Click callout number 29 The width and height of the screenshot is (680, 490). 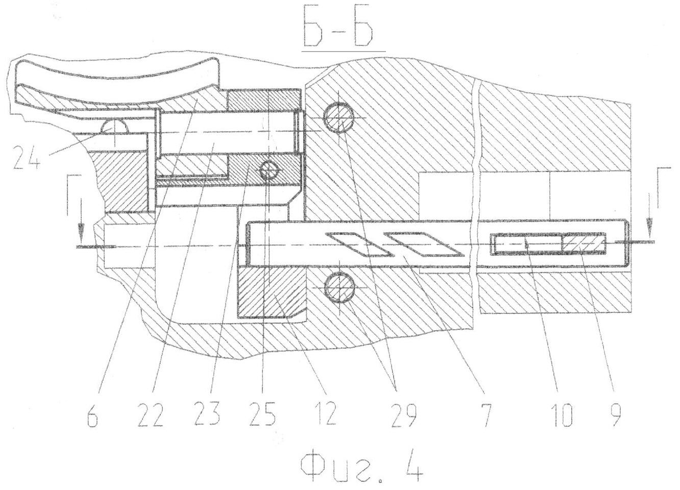pos(403,414)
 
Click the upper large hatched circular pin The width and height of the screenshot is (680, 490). pos(339,117)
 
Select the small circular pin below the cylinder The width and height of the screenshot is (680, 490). pos(269,171)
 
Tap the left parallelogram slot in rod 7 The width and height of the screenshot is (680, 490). pos(358,244)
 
